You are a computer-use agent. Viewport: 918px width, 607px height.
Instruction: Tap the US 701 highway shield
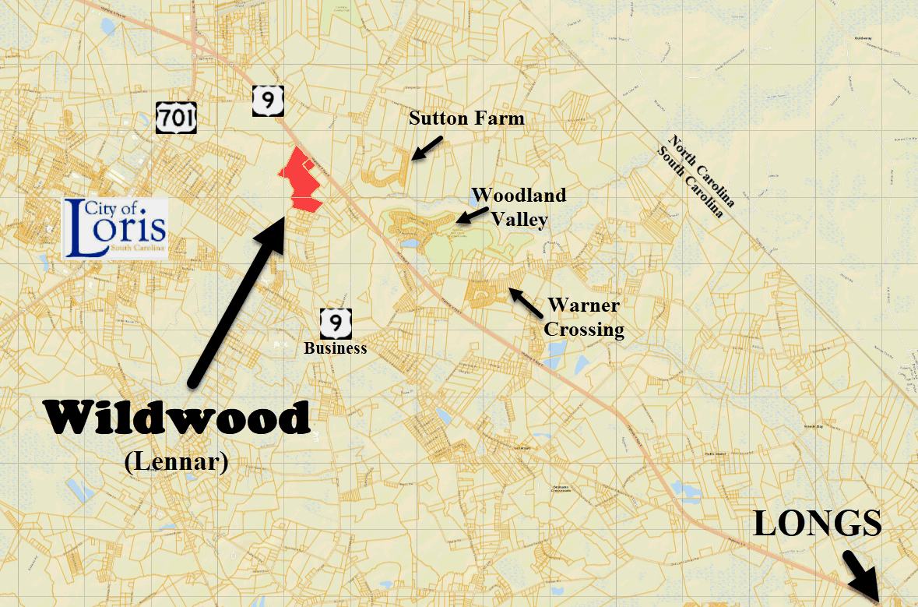pyautogui.click(x=176, y=118)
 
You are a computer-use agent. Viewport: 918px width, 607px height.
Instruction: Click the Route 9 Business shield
pyautogui.click(x=336, y=322)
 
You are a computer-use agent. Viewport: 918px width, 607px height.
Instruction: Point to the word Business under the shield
pyautogui.click(x=336, y=348)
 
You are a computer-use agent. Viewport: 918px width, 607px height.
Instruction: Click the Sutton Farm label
pyautogui.click(x=467, y=118)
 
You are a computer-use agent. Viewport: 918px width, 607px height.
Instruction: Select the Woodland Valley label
pyautogui.click(x=518, y=207)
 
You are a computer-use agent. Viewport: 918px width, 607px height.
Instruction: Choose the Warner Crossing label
pyautogui.click(x=584, y=317)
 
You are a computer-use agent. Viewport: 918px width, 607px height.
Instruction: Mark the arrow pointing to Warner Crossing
pyautogui.click(x=526, y=302)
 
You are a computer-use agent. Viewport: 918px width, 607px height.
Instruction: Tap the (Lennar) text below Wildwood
pyautogui.click(x=176, y=462)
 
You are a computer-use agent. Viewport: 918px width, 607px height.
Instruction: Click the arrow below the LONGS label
pyautogui.click(x=863, y=573)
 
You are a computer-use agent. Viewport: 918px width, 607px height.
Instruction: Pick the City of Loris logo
pyautogui.click(x=115, y=228)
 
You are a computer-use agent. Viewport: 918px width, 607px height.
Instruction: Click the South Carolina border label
pyautogui.click(x=695, y=179)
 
